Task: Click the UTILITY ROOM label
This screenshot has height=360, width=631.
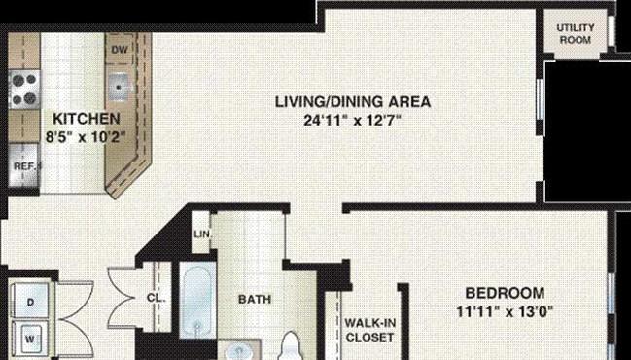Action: [x=576, y=34]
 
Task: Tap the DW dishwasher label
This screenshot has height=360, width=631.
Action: [x=120, y=49]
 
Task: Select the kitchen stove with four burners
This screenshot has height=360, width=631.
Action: [x=24, y=90]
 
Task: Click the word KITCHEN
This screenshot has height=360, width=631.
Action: [x=87, y=119]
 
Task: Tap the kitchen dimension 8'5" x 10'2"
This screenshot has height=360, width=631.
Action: [x=86, y=137]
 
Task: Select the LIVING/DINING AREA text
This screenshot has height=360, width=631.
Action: [x=353, y=101]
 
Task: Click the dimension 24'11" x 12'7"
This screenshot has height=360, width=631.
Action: [x=353, y=120]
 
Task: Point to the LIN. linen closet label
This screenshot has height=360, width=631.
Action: [x=202, y=234]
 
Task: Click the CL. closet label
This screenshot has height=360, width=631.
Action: [x=156, y=298]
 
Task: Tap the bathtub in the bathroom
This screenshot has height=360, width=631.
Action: [x=197, y=300]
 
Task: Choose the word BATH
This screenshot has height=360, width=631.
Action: [x=255, y=300]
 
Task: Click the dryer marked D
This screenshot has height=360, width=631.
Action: [x=30, y=301]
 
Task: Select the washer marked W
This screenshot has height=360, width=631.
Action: [x=30, y=339]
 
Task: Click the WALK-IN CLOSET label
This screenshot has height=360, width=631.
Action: [x=369, y=330]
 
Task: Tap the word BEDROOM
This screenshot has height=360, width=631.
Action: [x=505, y=293]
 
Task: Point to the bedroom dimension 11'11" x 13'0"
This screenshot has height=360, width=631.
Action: [x=505, y=311]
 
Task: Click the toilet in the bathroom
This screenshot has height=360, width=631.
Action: [x=291, y=345]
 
